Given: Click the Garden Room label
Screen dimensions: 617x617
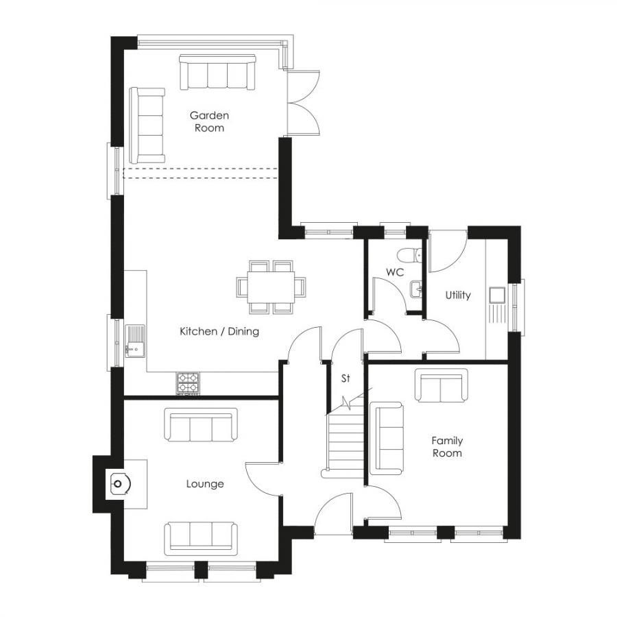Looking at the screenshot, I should tap(209, 121).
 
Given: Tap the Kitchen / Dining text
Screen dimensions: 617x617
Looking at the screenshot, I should tap(219, 332).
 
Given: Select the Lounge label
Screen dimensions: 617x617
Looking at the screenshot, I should tap(205, 484).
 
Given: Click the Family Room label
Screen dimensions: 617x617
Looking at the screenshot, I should tap(447, 446).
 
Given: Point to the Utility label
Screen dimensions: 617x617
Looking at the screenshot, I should tap(458, 295).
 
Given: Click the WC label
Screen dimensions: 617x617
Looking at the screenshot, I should tap(394, 272).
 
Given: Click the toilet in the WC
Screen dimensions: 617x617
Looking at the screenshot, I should tap(411, 254).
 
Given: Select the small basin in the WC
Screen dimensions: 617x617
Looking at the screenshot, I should tap(416, 290).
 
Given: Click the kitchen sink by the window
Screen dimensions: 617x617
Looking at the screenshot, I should tap(135, 341).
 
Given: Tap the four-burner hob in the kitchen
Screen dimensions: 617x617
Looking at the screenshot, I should tap(188, 383).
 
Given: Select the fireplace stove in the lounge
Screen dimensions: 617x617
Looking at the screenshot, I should tap(119, 485).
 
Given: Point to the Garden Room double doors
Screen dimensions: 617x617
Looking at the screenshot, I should tap(304, 103).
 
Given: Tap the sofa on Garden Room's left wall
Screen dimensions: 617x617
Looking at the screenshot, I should tap(148, 120).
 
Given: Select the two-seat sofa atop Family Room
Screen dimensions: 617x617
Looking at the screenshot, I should tap(441, 386).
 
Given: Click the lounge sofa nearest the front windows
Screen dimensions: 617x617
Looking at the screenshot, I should tap(201, 537).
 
